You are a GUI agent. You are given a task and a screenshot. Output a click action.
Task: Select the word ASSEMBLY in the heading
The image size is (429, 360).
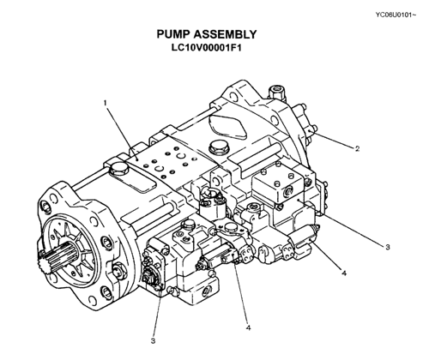pyautogui.click(x=225, y=34)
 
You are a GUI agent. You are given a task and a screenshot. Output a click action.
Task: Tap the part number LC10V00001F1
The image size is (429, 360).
pyautogui.click(x=207, y=47)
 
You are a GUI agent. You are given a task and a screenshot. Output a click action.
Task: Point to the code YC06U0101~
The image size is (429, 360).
pyautogui.click(x=396, y=15)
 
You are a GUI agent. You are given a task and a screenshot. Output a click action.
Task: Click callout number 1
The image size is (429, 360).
pyautogui.click(x=106, y=103)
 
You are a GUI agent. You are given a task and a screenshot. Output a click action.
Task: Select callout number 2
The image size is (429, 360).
pyautogui.click(x=357, y=148)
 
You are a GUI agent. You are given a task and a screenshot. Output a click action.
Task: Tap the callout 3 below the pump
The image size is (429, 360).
pyautogui.click(x=153, y=340)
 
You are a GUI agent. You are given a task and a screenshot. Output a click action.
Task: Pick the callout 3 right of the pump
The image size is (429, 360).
pyautogui.click(x=388, y=247)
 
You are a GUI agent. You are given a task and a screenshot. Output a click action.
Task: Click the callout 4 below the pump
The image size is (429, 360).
pyautogui.click(x=248, y=327)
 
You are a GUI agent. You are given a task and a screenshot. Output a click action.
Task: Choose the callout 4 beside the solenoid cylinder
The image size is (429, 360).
pyautogui.click(x=344, y=273)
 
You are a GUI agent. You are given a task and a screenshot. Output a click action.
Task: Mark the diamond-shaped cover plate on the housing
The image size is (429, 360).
pyautogui.click(x=227, y=126)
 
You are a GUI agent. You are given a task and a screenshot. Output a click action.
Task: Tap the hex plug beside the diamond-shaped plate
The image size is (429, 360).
pyautogui.click(x=218, y=147)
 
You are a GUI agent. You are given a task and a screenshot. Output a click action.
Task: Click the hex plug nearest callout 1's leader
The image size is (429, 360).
pyautogui.click(x=118, y=168)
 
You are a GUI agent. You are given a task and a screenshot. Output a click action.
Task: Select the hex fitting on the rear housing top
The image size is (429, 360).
pyautogui.click(x=276, y=92)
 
